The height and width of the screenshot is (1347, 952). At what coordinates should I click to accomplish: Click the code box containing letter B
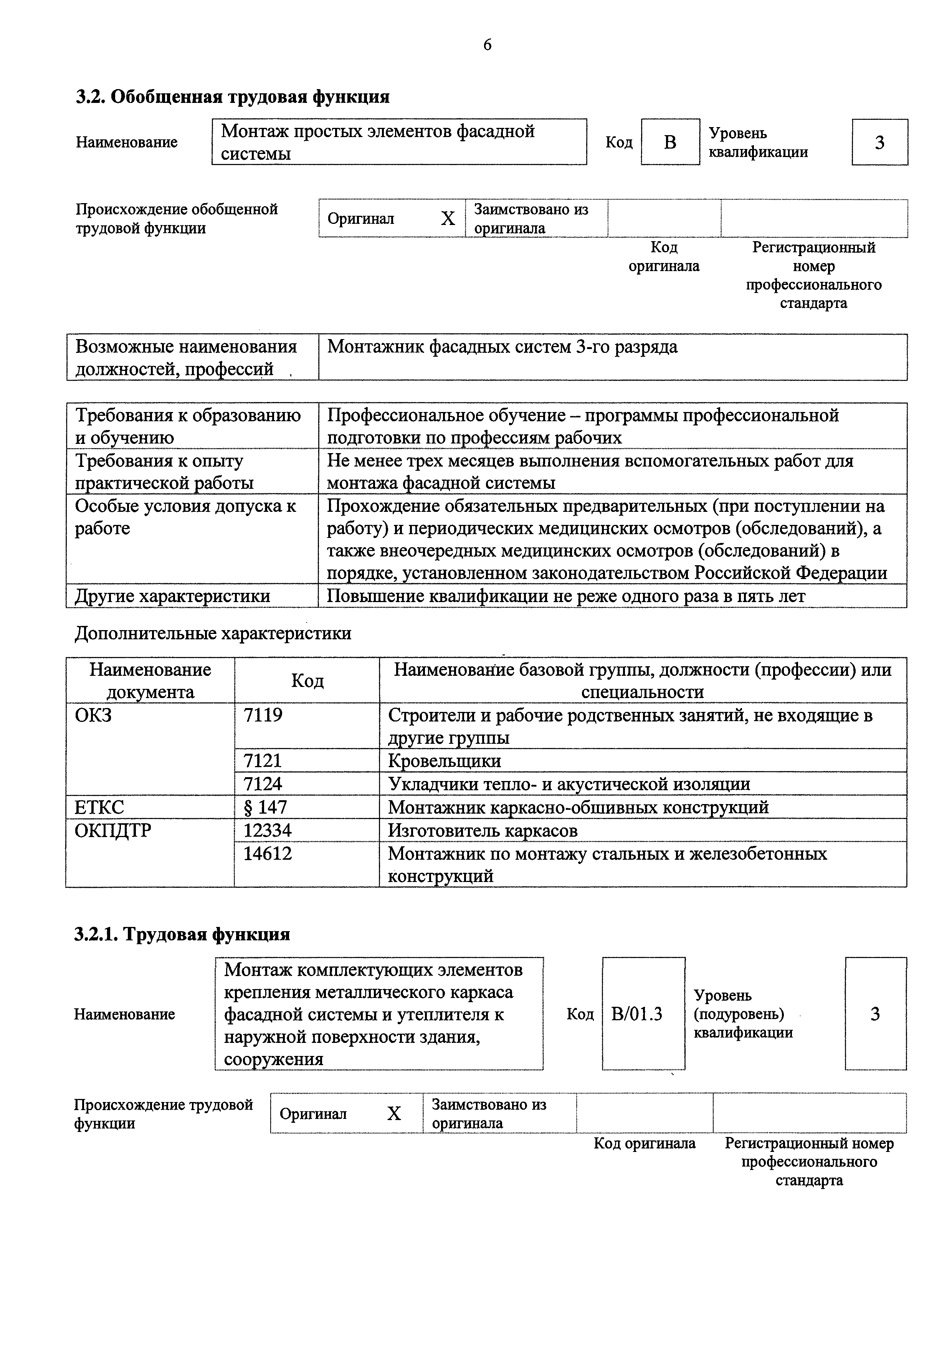(x=670, y=142)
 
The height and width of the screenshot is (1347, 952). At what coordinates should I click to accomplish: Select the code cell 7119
(x=263, y=715)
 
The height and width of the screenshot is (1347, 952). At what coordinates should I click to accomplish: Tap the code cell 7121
(x=263, y=761)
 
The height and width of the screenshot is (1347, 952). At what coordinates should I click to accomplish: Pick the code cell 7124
(x=263, y=784)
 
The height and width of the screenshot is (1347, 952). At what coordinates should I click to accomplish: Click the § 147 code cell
(x=265, y=807)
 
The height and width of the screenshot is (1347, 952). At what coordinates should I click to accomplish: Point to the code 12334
(x=268, y=831)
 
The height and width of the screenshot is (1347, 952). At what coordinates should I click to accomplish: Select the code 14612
(x=268, y=854)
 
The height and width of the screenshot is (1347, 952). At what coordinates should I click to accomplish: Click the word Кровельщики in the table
(x=445, y=761)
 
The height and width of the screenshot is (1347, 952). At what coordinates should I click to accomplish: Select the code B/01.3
(x=636, y=1014)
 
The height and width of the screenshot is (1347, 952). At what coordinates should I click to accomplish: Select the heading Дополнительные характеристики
(x=213, y=634)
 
